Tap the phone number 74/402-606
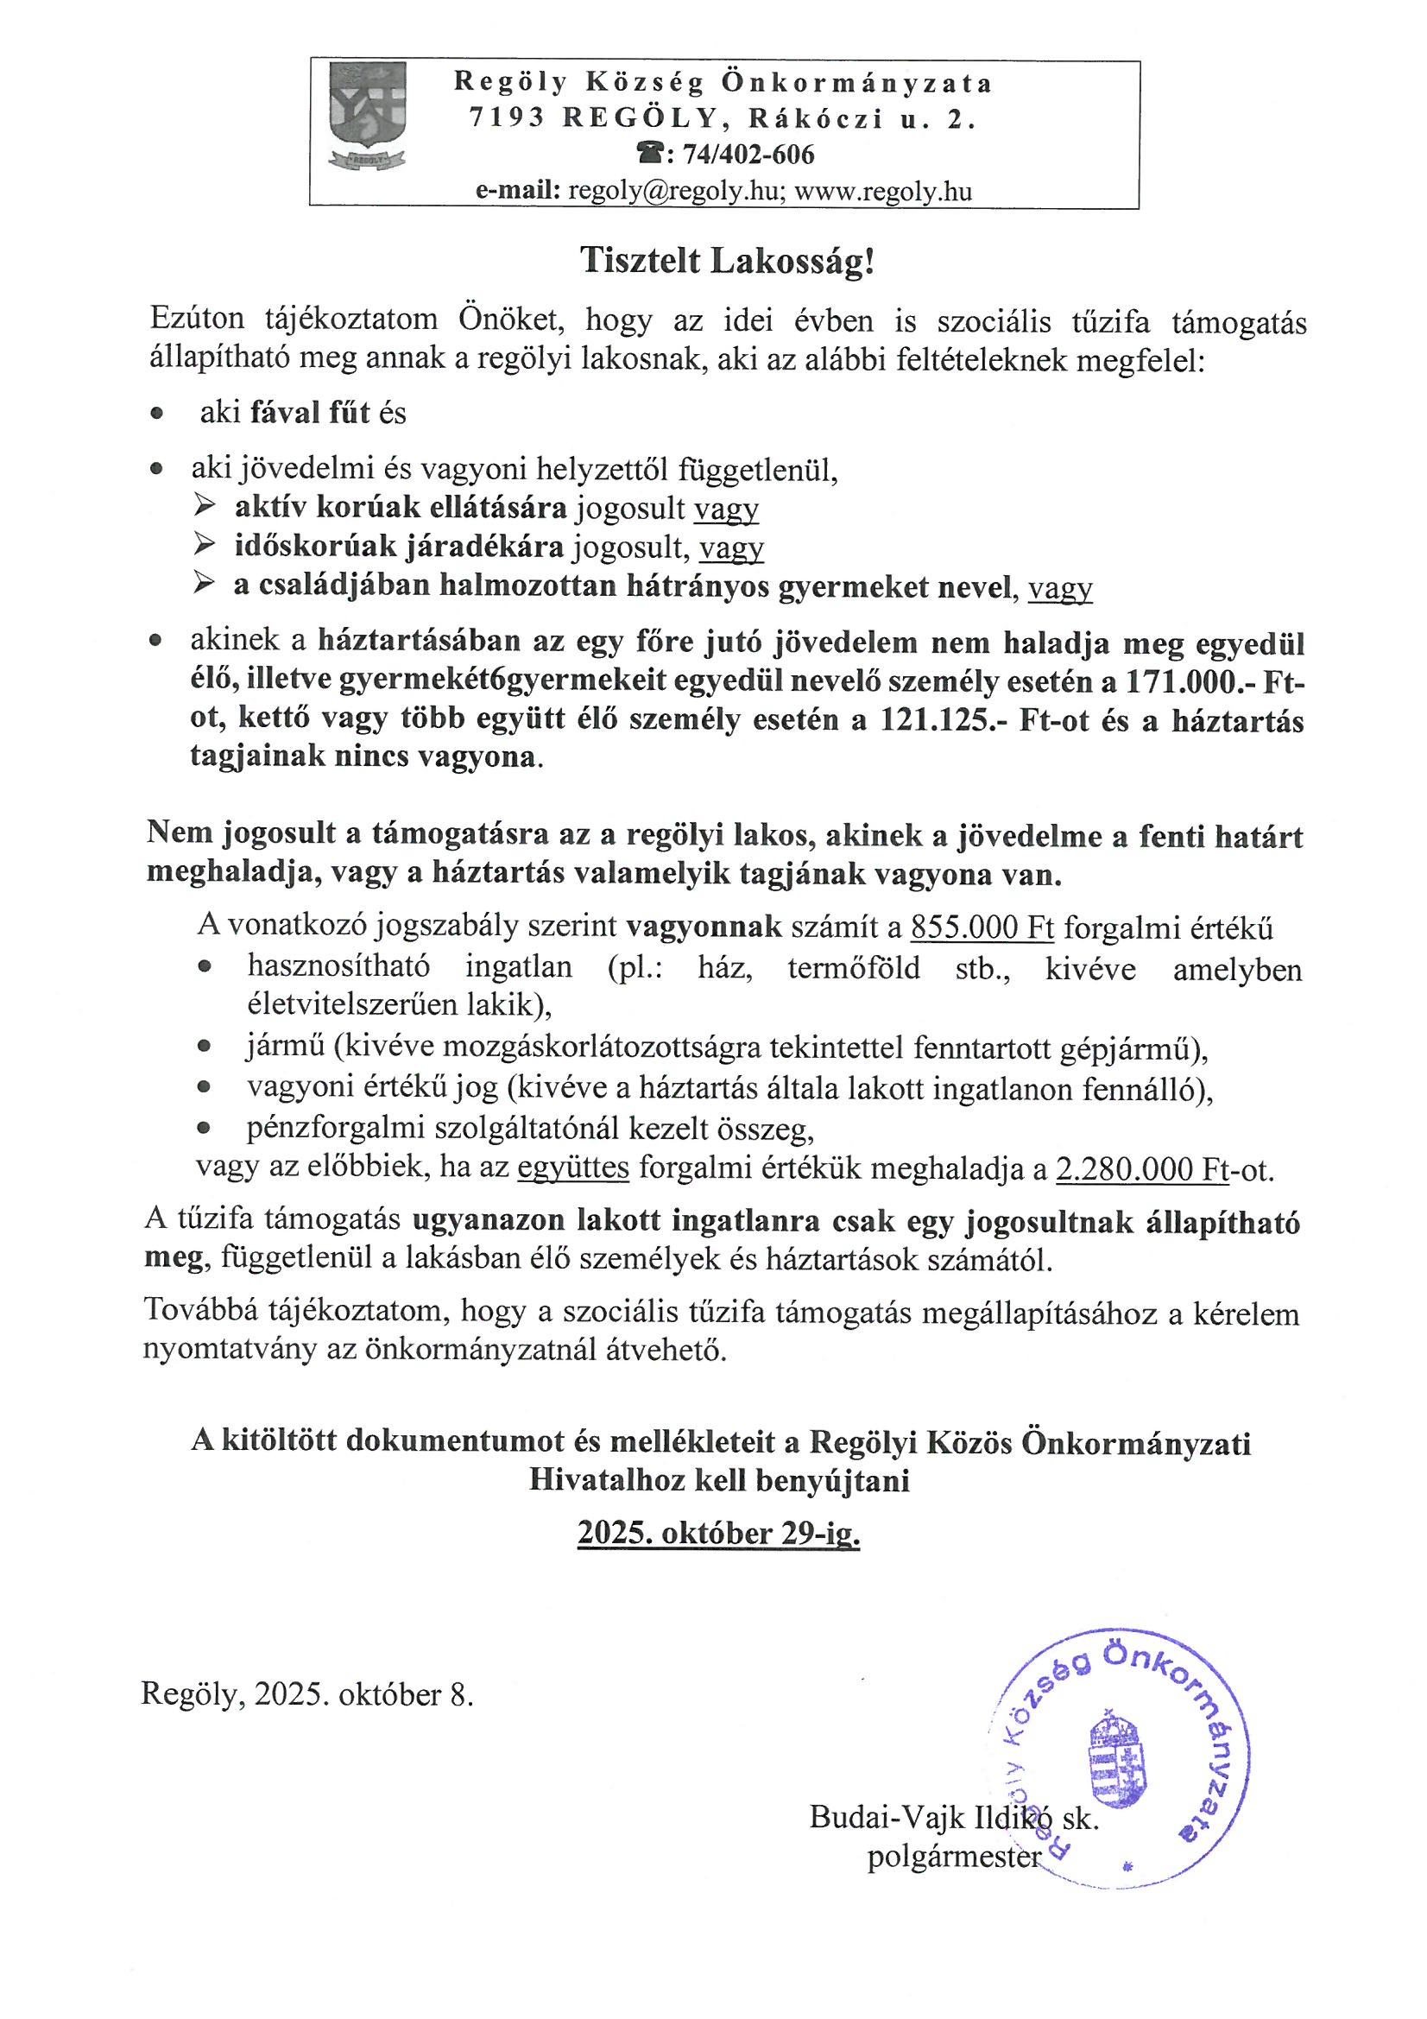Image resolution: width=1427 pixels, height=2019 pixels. pos(748,155)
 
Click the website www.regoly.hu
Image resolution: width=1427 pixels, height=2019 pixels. pos(883,191)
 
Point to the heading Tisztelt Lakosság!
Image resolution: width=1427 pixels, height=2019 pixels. pos(727,261)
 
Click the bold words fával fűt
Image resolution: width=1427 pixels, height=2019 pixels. pos(310,413)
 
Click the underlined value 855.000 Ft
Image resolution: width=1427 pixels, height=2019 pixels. pos(982,927)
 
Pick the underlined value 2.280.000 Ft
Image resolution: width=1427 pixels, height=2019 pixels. pos(1141,1168)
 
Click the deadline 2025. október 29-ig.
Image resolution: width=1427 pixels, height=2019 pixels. pos(718,1534)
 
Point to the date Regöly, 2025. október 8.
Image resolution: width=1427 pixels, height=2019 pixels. pos(306,1694)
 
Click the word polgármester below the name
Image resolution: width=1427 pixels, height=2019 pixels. pos(953,1856)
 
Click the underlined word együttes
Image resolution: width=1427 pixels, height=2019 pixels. pos(573,1168)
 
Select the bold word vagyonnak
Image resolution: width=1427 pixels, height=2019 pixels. pos(704,927)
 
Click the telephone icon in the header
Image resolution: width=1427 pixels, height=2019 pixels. pos(652,155)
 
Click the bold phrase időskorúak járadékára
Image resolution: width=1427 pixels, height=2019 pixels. pos(398,547)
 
